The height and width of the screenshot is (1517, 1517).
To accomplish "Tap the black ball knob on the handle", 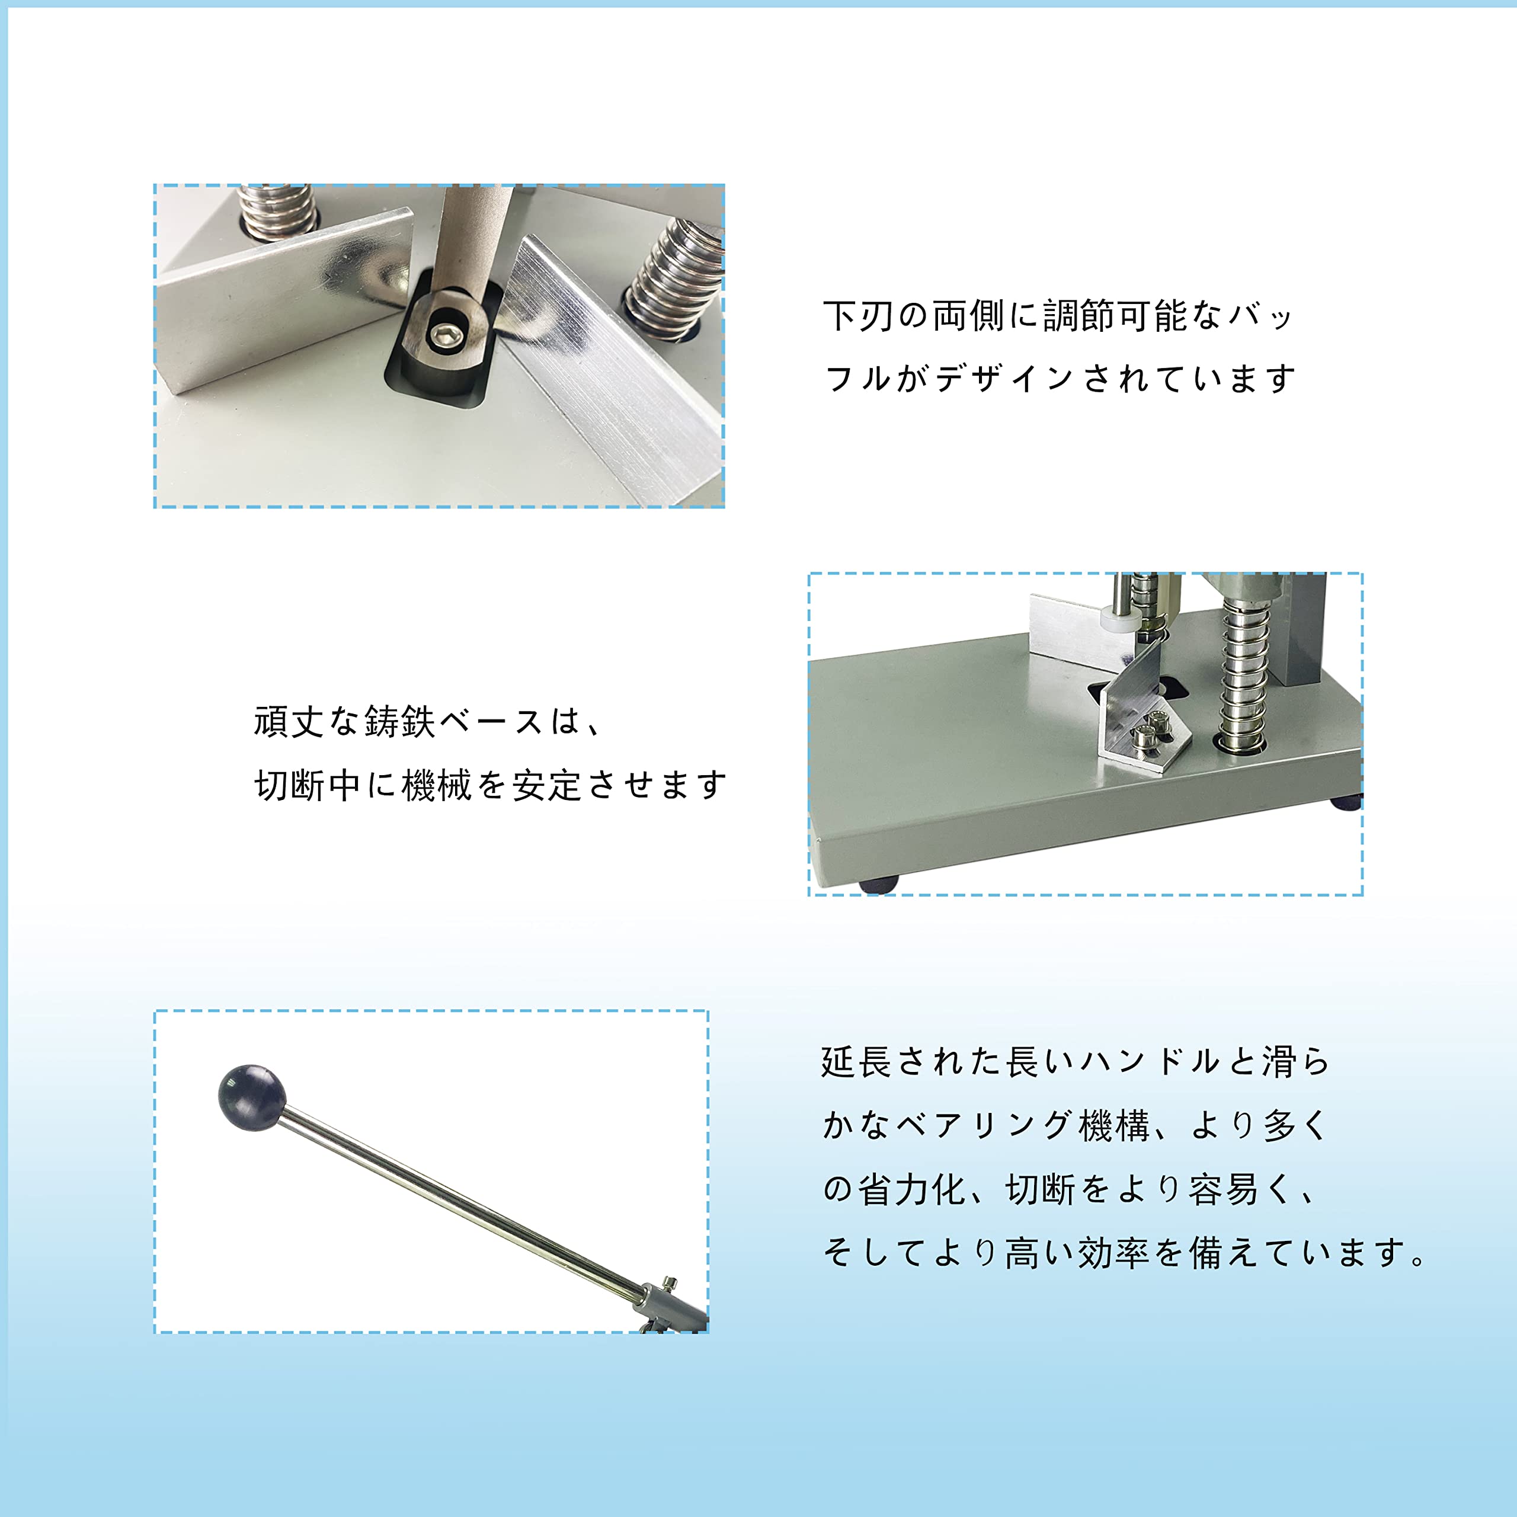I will pos(251,1097).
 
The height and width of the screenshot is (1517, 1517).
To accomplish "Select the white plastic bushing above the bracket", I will pos(1118,621).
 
